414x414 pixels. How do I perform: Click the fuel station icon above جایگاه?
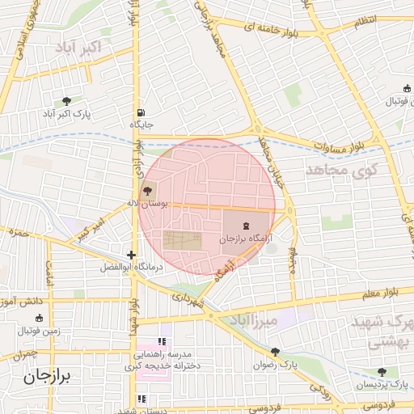point(142,112)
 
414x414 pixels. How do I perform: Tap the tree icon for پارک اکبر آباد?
point(66,101)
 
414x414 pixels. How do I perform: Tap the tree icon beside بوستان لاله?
point(147,192)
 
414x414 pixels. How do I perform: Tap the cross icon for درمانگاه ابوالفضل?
point(131,254)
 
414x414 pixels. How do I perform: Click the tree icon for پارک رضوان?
point(276,351)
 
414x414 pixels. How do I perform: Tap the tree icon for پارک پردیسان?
point(382,371)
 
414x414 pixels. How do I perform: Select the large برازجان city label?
point(48,376)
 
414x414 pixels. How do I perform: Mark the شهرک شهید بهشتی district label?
point(380,332)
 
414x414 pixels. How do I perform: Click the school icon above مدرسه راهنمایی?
point(160,341)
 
